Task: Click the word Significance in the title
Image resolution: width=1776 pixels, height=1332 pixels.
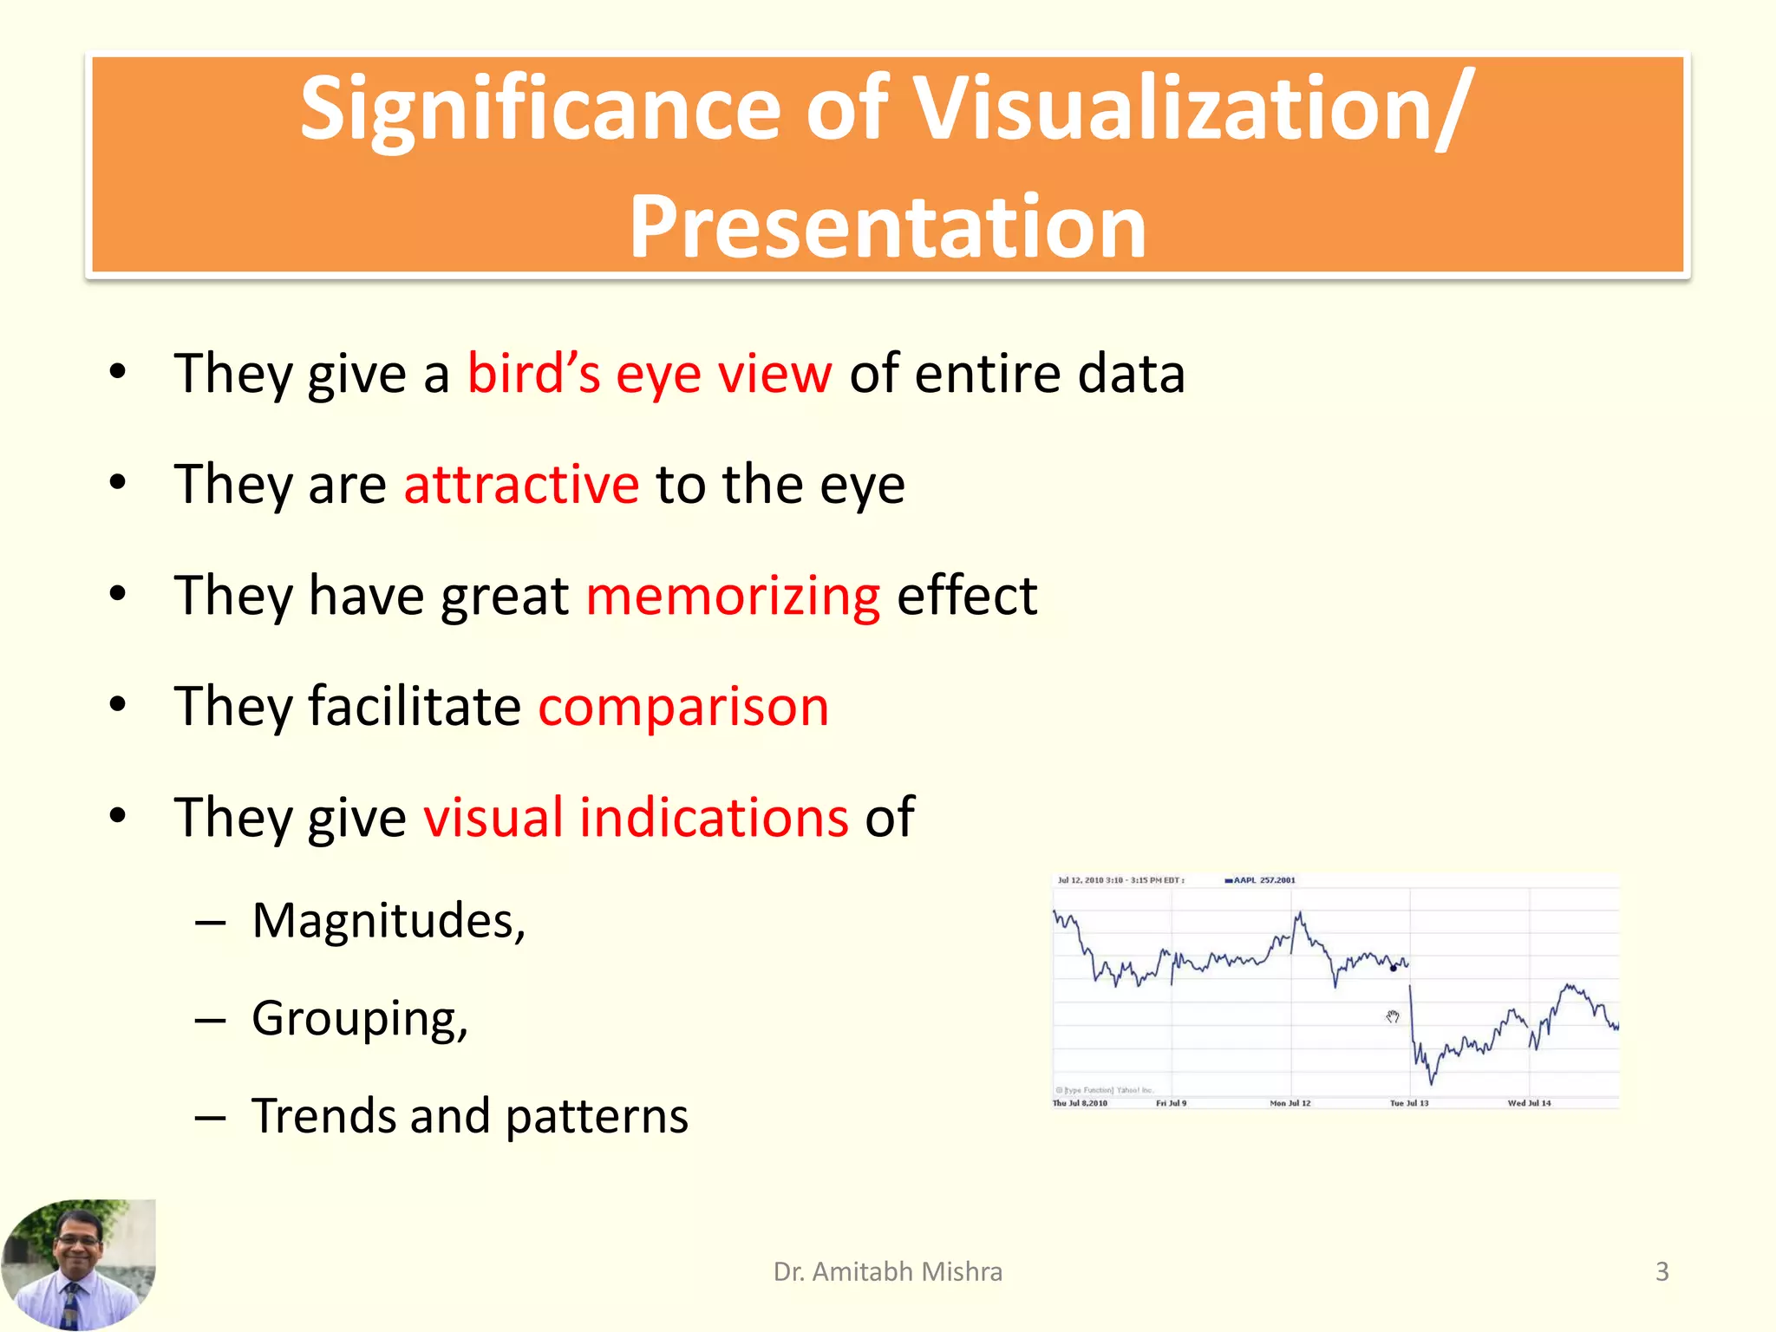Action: point(542,110)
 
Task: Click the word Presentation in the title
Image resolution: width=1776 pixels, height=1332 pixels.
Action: point(887,227)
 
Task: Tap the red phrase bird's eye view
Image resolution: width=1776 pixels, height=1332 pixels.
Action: point(649,374)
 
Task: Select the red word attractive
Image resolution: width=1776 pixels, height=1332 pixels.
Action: point(521,484)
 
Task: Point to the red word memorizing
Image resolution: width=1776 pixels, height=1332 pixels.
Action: point(733,596)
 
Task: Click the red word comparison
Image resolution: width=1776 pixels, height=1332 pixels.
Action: point(683,706)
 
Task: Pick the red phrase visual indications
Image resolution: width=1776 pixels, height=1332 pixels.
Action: point(636,817)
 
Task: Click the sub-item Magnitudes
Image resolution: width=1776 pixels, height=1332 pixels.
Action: point(388,920)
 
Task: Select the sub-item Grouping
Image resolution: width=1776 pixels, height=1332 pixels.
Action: point(359,1018)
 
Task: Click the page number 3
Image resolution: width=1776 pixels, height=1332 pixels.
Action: point(1662,1271)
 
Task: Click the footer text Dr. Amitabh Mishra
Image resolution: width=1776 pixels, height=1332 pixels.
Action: point(887,1271)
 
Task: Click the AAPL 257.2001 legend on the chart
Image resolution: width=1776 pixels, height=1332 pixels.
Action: point(1263,880)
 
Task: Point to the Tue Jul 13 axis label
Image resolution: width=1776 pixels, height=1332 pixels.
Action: point(1408,1103)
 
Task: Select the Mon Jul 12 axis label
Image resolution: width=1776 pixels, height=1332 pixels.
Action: point(1290,1103)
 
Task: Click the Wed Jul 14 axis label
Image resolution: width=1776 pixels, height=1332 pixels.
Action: point(1529,1103)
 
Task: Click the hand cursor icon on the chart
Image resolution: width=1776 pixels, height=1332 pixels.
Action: point(1392,1016)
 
